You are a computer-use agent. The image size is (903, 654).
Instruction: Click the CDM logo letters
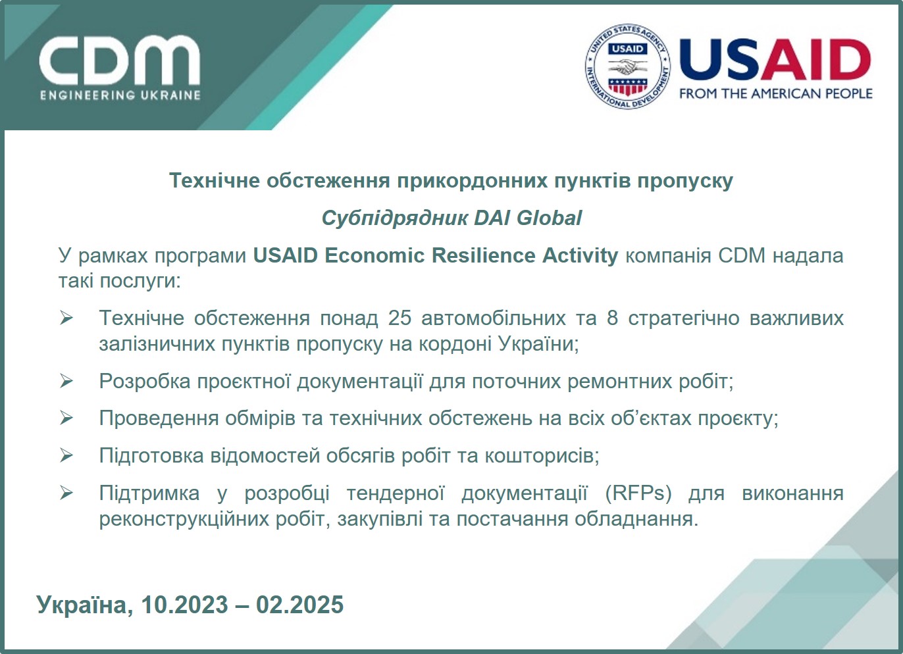(119, 61)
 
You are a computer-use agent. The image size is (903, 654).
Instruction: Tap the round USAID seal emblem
(627, 66)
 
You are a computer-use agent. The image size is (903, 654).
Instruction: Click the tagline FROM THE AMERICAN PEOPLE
(775, 93)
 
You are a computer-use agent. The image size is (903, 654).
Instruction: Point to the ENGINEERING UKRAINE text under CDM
(120, 95)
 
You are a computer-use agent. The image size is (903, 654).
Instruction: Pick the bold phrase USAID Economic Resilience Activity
(436, 255)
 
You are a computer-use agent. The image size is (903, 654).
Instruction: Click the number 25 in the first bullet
(400, 318)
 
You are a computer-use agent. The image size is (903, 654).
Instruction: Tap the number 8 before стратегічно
(612, 318)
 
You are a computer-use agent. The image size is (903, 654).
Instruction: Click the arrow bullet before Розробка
(66, 381)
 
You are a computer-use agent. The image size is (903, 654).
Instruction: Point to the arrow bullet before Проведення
(66, 418)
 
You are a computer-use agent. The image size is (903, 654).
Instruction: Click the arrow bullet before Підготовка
(66, 455)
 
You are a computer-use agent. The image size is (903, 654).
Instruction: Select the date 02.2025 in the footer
(299, 605)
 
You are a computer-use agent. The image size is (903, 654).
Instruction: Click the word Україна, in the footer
(84, 605)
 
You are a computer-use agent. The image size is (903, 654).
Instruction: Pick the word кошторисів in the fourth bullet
(542, 455)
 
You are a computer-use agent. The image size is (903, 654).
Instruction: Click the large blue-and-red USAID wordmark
(775, 61)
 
